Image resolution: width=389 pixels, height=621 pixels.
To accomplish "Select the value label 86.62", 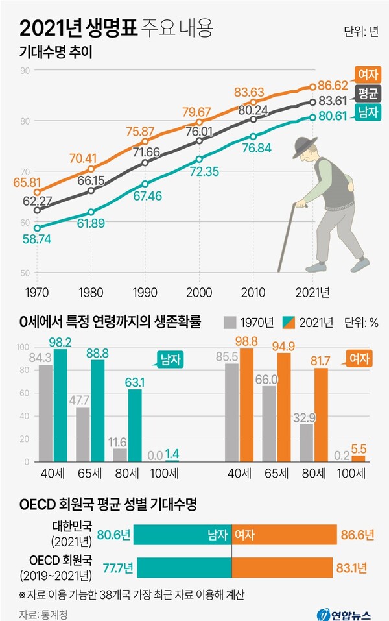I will (x=337, y=84).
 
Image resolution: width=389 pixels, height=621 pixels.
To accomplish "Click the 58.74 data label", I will (x=37, y=239).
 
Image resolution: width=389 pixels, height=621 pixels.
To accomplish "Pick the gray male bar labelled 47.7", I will (x=82, y=433).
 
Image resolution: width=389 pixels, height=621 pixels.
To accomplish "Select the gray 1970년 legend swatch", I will (x=230, y=323).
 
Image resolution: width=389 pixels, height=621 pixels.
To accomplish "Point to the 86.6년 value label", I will (x=357, y=535).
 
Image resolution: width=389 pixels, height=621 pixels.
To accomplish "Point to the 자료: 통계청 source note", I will (x=43, y=612).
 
